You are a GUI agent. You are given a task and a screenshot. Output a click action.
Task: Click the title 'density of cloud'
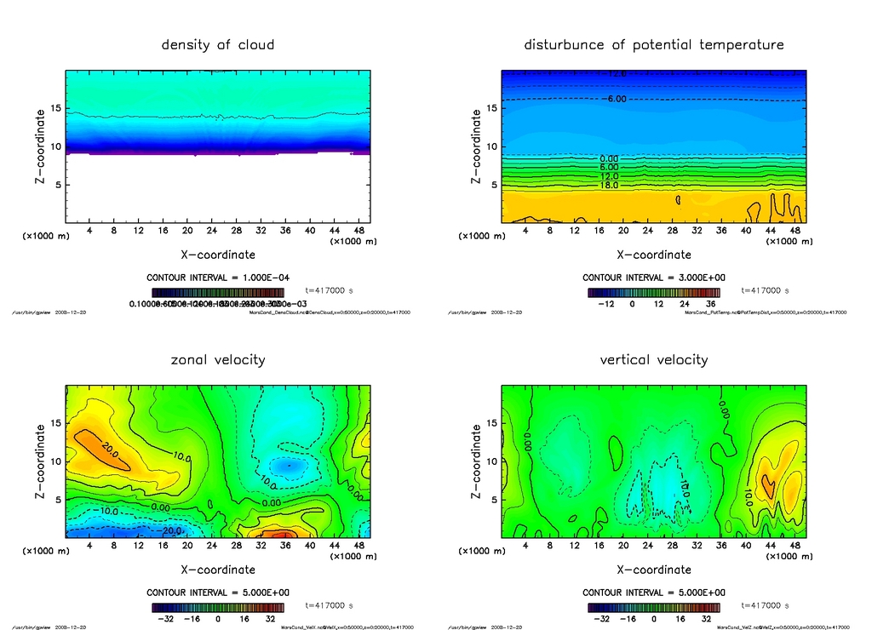218,44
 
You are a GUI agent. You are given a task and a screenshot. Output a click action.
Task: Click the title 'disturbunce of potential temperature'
653,44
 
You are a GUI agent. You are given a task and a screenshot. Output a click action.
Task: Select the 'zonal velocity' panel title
218,359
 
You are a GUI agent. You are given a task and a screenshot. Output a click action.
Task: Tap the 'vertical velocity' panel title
653,359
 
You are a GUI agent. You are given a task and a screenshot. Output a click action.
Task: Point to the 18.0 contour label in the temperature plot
608,185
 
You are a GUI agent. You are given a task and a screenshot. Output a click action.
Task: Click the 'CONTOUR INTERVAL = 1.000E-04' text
218,278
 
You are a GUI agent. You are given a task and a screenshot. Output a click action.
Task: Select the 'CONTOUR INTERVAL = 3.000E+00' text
653,278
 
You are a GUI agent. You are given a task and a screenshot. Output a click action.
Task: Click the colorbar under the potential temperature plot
653,292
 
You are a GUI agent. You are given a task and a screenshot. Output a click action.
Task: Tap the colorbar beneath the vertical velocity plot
653,607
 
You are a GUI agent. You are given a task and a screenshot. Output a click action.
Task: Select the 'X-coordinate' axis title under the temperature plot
653,255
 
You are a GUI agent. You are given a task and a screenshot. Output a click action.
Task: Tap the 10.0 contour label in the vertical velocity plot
749,493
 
